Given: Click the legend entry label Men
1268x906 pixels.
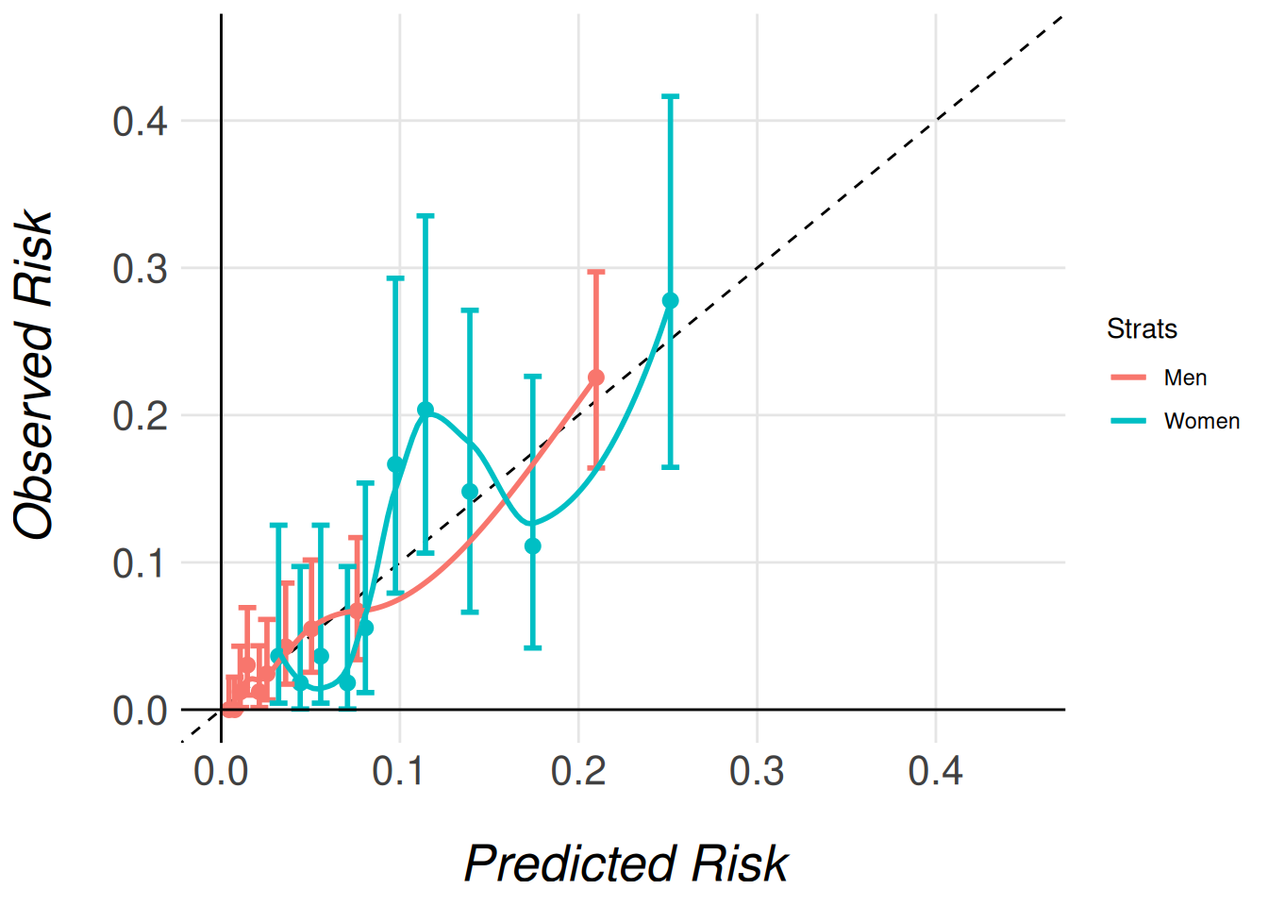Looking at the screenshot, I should click(x=1185, y=377).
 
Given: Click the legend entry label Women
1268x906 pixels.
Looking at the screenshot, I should click(x=1201, y=421).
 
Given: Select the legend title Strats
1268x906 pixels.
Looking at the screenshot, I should click(x=1142, y=328).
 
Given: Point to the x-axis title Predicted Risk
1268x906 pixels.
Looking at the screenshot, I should click(x=626, y=864).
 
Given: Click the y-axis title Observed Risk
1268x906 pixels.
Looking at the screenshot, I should click(x=35, y=375).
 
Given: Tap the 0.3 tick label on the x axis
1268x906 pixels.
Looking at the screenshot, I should click(x=757, y=772).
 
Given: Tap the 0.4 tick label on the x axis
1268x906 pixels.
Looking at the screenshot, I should click(x=935, y=772).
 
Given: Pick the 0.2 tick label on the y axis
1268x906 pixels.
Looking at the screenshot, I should click(x=140, y=416).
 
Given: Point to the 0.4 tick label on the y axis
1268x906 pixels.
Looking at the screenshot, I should click(x=140, y=122).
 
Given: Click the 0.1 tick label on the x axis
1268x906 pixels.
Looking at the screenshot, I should click(x=399, y=772).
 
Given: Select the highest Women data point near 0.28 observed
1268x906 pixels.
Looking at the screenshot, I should click(x=671, y=301).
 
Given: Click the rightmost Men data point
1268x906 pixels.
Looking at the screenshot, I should click(x=596, y=377).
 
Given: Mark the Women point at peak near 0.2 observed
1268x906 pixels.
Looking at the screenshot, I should click(x=425, y=410).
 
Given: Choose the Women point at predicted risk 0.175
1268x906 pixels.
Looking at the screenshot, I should click(x=533, y=546).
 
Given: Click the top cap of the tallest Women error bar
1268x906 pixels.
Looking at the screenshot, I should click(x=671, y=96).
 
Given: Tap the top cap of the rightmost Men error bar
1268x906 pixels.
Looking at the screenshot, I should click(x=596, y=272).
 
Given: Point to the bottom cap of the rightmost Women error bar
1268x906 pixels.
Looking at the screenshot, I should click(x=671, y=467).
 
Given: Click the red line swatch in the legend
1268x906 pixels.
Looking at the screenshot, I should click(x=1128, y=377).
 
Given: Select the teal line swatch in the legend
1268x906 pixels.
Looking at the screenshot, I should click(x=1128, y=421).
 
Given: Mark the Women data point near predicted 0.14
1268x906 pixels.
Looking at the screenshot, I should click(x=470, y=492).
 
